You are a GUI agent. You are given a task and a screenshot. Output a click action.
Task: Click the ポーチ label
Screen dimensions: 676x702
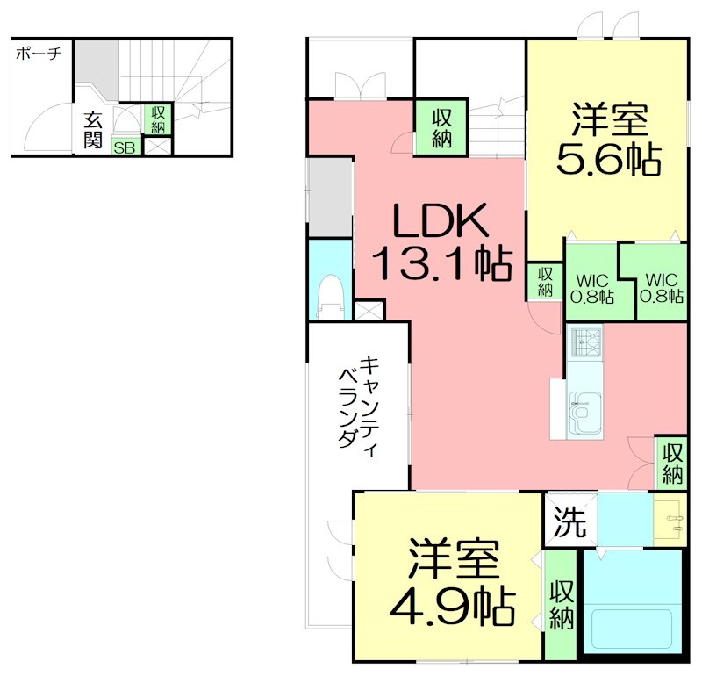(x=38, y=54)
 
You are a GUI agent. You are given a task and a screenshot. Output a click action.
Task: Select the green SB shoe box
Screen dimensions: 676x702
(x=124, y=147)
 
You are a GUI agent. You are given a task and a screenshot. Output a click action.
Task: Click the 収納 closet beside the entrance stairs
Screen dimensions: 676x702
(x=158, y=119)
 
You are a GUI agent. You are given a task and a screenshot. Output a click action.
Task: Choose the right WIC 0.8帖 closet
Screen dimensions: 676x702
(x=663, y=288)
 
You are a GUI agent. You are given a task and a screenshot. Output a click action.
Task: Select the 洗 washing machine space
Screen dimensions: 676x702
(x=569, y=524)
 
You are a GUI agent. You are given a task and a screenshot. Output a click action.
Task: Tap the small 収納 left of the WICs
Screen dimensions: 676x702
(x=545, y=281)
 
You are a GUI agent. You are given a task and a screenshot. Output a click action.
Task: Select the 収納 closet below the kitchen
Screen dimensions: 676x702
(x=672, y=464)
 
